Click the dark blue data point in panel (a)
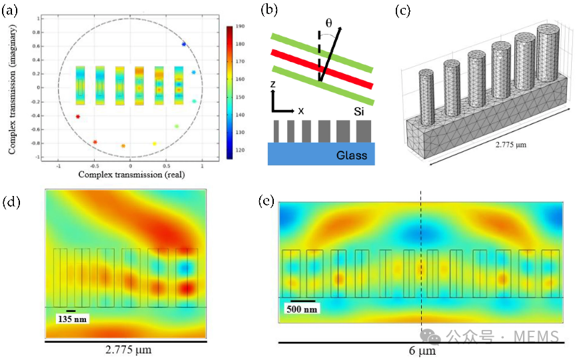(x=184, y=44)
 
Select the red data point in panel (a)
(x=78, y=117)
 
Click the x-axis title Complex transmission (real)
(x=131, y=174)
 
